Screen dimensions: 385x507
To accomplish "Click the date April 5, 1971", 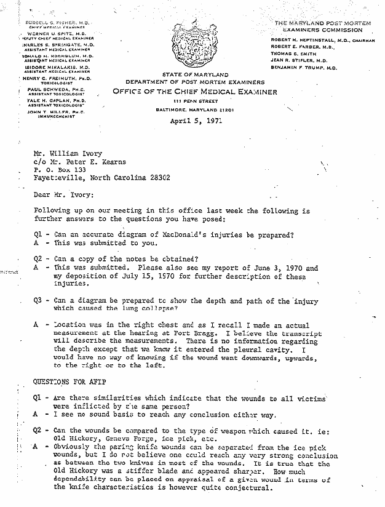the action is (x=196, y=121).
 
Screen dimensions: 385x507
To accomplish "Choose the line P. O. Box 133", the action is (x=56, y=169).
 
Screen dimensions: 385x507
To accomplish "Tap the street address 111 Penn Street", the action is (x=195, y=100).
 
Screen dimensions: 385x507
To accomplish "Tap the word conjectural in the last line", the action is (x=243, y=488).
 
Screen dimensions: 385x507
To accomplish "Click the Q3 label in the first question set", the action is (x=38, y=301).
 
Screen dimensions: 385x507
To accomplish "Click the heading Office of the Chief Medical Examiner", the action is (x=194, y=92).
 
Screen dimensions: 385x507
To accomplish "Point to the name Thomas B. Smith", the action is (x=293, y=54).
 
